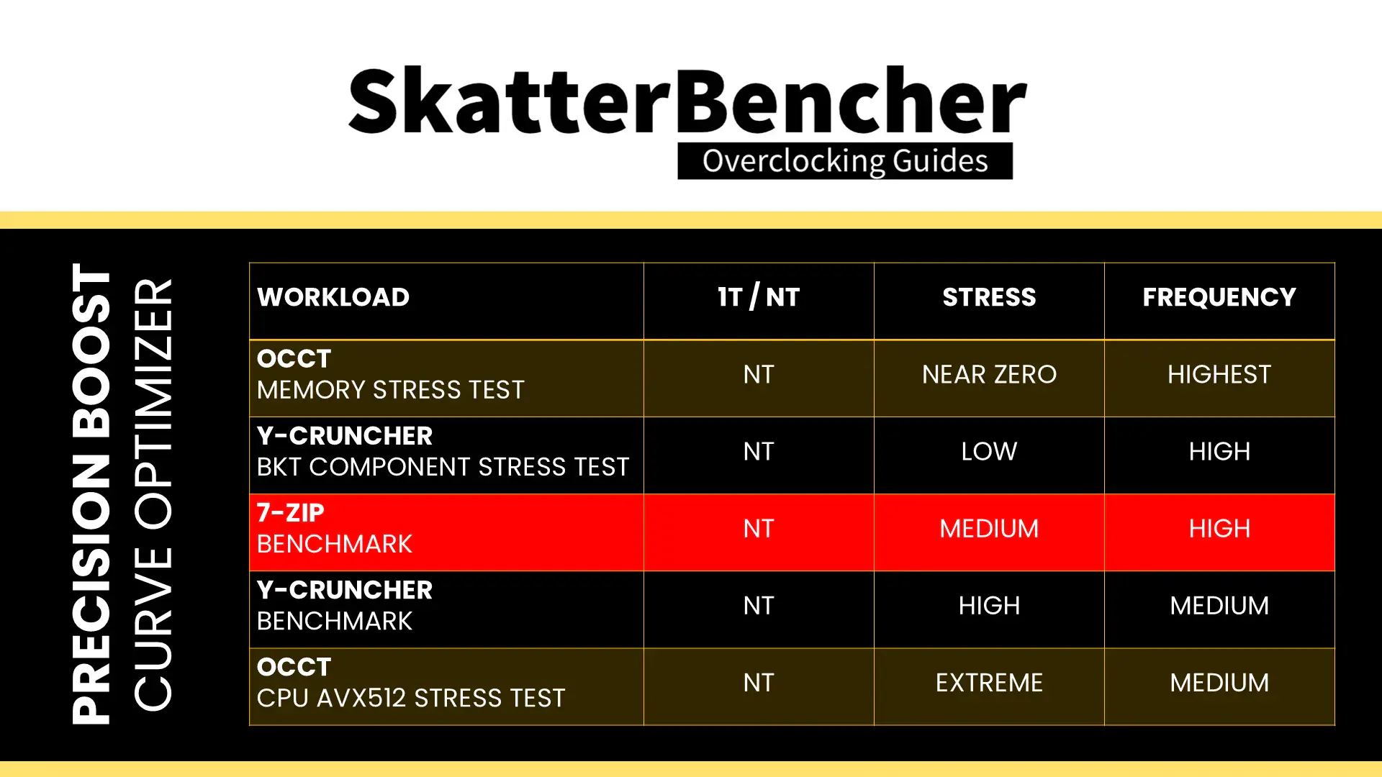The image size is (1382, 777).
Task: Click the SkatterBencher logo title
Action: coord(687,100)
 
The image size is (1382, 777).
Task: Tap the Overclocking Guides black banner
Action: coord(845,161)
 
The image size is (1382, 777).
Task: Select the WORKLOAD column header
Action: coord(333,297)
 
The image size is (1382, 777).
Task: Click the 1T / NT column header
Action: coord(759,297)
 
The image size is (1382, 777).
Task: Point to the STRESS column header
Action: coord(989,297)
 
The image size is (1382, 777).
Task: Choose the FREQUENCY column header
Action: coord(1219,297)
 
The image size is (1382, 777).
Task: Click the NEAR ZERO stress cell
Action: coord(989,374)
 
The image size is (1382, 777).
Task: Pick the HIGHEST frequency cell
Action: coord(1219,374)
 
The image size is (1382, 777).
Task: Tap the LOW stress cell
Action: coord(989,451)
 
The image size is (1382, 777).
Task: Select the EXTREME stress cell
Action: coord(989,682)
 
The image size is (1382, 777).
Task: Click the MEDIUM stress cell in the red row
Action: coord(989,528)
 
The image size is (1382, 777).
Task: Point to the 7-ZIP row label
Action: coord(291,512)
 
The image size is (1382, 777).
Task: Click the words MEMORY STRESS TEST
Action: coord(391,390)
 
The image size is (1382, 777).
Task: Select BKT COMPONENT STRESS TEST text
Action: coord(443,467)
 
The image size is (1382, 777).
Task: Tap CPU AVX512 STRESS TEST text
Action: coord(411,698)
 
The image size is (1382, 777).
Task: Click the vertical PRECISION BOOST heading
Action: coord(91,494)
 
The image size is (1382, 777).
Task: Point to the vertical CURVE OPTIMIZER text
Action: coord(153,495)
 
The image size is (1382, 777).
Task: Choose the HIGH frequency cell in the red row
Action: coord(1219,528)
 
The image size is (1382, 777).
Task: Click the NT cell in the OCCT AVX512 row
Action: coord(759,682)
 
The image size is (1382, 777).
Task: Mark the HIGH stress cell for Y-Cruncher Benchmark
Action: coord(989,605)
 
